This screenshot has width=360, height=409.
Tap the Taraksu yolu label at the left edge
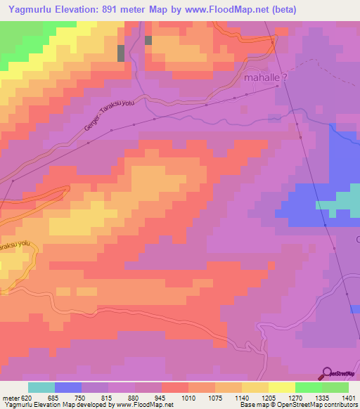15,247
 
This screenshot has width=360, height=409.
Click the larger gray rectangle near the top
121,53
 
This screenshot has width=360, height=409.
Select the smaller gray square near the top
148,41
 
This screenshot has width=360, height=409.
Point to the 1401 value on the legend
347,397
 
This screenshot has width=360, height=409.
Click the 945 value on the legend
162,397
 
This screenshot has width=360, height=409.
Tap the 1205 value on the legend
269,397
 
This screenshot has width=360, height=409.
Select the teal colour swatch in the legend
41,387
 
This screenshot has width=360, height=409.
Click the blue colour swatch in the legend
68,387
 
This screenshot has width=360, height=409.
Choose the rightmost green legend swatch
335,387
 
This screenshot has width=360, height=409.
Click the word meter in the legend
10,397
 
